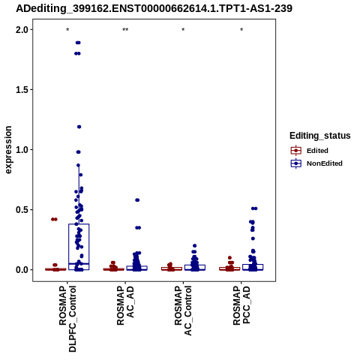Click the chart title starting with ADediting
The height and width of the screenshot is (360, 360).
tap(154, 9)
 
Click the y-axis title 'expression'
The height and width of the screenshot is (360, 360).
tap(8, 150)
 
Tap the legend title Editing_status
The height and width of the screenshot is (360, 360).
tap(320, 136)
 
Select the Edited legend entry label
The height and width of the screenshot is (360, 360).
tap(317, 151)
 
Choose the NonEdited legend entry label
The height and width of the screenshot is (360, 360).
tap(325, 163)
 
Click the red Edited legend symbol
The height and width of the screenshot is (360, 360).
tap(296, 151)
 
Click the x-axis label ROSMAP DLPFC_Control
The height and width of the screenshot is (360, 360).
tap(67, 319)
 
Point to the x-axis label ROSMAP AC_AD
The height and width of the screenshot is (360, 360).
tap(125, 306)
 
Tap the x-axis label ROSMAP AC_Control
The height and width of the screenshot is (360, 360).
tap(183, 310)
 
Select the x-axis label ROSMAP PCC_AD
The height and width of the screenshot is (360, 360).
tap(241, 306)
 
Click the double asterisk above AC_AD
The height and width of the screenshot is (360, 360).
tap(125, 30)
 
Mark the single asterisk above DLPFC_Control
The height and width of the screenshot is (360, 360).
tap(67, 30)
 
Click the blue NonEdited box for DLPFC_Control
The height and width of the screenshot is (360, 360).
tap(79, 247)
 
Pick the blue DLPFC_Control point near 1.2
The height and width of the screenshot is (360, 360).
tap(79, 127)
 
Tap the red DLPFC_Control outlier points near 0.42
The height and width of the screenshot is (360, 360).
tap(54, 219)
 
